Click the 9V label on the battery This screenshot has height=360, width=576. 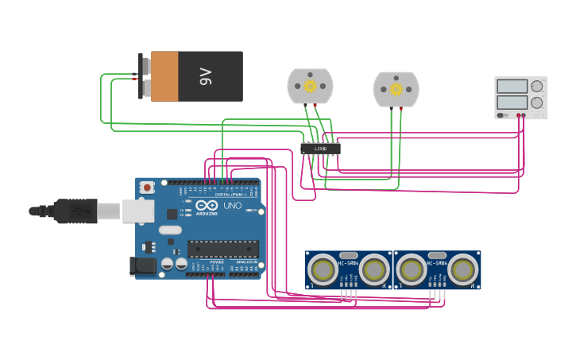pos(206,77)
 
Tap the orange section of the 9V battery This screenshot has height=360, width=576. pos(164,76)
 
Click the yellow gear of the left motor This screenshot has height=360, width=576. pos(310,86)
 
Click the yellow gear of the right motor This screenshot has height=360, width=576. pos(396,89)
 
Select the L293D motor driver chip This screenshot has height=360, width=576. pos(321,149)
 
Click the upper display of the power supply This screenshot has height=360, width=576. pos(512,86)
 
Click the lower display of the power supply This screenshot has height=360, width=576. pos(512,103)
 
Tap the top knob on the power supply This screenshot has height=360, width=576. pos(537,86)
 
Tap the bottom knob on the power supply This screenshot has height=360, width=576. pos(537,103)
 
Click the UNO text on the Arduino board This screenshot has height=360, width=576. pos(232,206)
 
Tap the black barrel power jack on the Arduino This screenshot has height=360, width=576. pos(142,266)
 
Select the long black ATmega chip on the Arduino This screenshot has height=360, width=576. pos(223,249)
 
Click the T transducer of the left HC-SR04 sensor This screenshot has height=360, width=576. pos(323,269)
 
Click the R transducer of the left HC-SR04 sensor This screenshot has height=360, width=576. pos(374,269)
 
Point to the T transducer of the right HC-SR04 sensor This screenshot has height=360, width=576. pos(412,269)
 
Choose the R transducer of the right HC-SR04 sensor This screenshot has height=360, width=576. pos(462,269)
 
